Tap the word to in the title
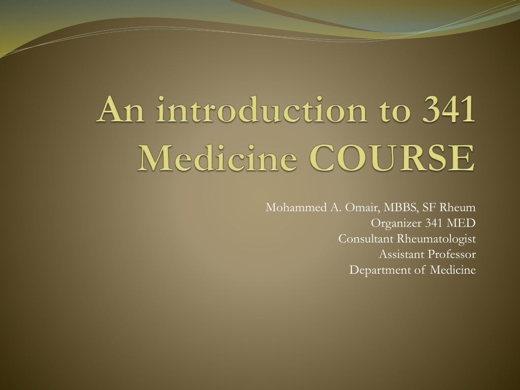(x=396, y=110)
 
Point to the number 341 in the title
(x=449, y=109)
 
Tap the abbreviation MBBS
(x=401, y=208)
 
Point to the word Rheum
(x=458, y=208)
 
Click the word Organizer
(x=396, y=223)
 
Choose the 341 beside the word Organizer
(x=434, y=223)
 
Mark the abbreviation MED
(x=461, y=223)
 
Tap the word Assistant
(x=401, y=254)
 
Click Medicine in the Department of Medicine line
(x=452, y=270)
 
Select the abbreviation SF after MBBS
(x=429, y=208)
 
